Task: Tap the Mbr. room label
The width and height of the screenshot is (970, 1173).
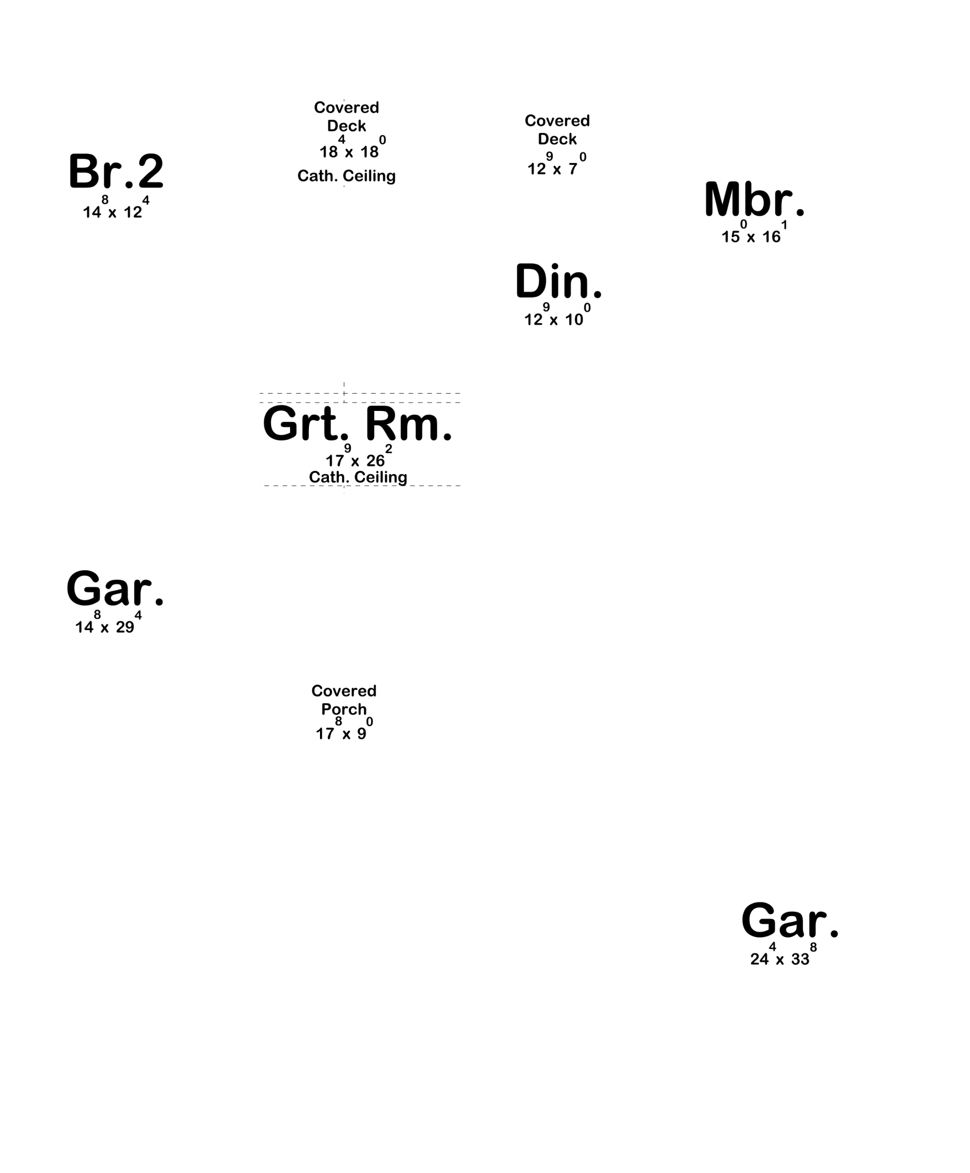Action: pos(754,199)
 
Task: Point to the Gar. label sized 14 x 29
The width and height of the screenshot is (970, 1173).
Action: pos(114,588)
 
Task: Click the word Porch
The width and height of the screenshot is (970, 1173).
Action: pos(344,709)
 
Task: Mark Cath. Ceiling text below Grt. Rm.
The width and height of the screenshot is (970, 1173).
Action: pos(358,477)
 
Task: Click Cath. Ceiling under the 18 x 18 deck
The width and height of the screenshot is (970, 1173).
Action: pos(346,176)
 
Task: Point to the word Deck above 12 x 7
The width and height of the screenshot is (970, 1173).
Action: pos(557,139)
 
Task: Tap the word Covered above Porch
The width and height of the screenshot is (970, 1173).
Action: pos(344,690)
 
